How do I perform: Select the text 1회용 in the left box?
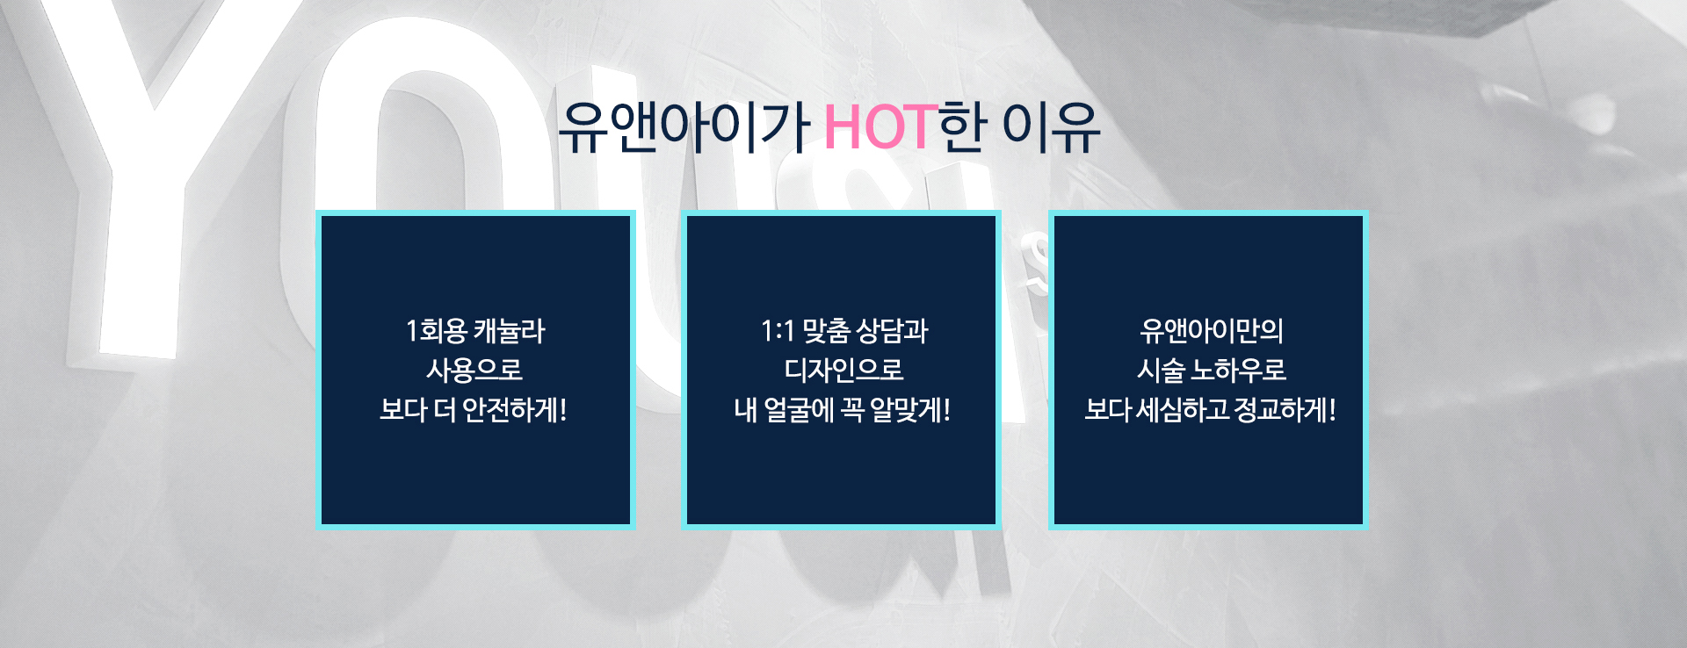tap(436, 331)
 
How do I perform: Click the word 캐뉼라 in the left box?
tap(510, 331)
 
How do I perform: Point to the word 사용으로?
tap(474, 371)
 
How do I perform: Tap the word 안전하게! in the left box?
tap(515, 410)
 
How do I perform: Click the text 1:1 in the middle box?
tap(778, 331)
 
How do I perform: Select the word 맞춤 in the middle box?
tap(826, 331)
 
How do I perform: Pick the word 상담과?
tap(892, 331)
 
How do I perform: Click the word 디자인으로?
tap(843, 371)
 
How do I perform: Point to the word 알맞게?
tap(910, 410)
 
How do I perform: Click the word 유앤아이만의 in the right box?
tap(1212, 331)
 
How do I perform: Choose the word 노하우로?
tap(1238, 371)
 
